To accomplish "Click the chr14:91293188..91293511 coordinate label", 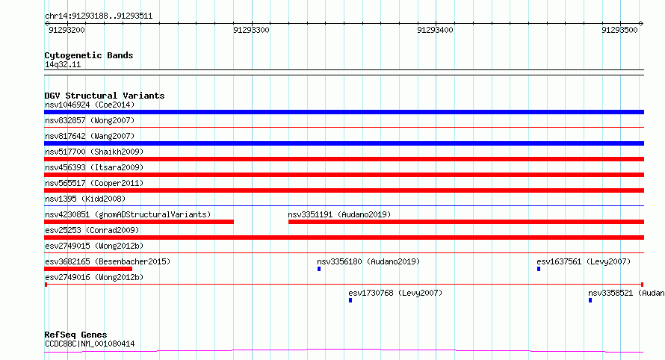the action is (99, 16).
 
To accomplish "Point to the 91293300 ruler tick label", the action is (251, 30).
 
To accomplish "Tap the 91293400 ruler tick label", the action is (435, 30).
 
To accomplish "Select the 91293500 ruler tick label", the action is (619, 30).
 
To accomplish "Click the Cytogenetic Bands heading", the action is (89, 55).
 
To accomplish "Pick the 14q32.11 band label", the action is (63, 65).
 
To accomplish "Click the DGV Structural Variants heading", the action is (105, 96).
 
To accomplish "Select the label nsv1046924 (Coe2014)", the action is (90, 105).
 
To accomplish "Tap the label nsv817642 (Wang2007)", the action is (90, 136).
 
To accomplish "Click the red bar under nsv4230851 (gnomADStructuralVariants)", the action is (139, 222).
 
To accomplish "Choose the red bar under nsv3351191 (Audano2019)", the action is (466, 222).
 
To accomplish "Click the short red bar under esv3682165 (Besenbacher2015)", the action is (88, 269).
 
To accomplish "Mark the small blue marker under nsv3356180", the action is (319, 269).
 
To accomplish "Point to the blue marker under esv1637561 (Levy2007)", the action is (539, 269).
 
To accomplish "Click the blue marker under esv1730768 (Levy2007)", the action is (350, 300).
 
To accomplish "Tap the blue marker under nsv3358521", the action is (590, 300).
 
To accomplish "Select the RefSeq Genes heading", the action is (76, 335).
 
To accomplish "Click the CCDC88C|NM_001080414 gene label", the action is (90, 344).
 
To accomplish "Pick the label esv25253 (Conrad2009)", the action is (92, 230).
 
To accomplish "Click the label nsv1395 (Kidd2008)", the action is (85, 199).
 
